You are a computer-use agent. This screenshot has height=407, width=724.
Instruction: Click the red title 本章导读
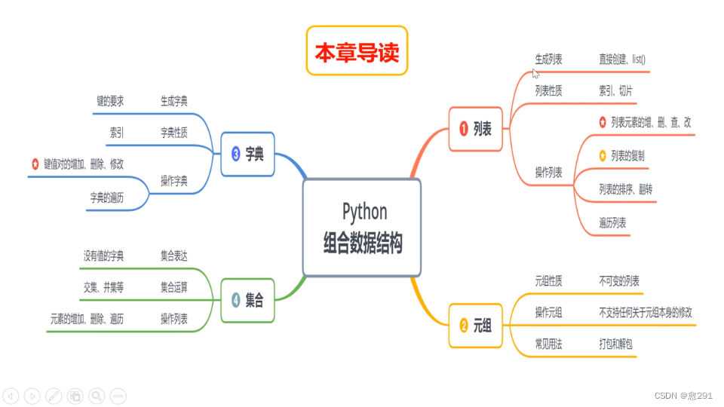coord(357,51)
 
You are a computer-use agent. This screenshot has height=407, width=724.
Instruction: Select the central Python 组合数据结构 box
coord(362,228)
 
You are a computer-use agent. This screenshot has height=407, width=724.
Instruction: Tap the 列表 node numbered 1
coord(475,130)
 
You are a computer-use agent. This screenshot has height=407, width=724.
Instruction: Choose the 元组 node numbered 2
coord(475,326)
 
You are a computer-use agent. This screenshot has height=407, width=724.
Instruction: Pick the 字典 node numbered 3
coord(247,155)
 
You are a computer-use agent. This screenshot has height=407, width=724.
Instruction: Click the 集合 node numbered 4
coord(247,301)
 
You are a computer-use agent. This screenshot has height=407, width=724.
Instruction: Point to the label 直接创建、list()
coord(622,60)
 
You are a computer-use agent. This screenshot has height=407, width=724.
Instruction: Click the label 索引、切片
coord(615,91)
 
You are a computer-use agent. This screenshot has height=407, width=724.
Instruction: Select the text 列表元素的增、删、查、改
coord(651,122)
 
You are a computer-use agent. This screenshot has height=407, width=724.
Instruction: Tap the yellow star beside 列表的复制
coord(603,155)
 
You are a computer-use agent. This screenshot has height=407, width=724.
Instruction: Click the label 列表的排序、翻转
coord(626,188)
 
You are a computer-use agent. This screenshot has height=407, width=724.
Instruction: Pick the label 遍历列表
coord(612,222)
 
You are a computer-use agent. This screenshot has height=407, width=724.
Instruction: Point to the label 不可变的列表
coord(619,281)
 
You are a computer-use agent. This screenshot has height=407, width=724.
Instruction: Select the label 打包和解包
coord(615,343)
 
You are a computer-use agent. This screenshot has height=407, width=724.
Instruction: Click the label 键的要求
coord(110,101)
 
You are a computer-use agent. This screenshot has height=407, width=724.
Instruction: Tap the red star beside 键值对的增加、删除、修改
coord(35,164)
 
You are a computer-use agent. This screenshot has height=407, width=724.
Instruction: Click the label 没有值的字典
coord(103,256)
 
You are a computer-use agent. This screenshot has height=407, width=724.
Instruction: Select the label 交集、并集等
coord(103,287)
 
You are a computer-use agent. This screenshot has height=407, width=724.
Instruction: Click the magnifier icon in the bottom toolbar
coord(97,395)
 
